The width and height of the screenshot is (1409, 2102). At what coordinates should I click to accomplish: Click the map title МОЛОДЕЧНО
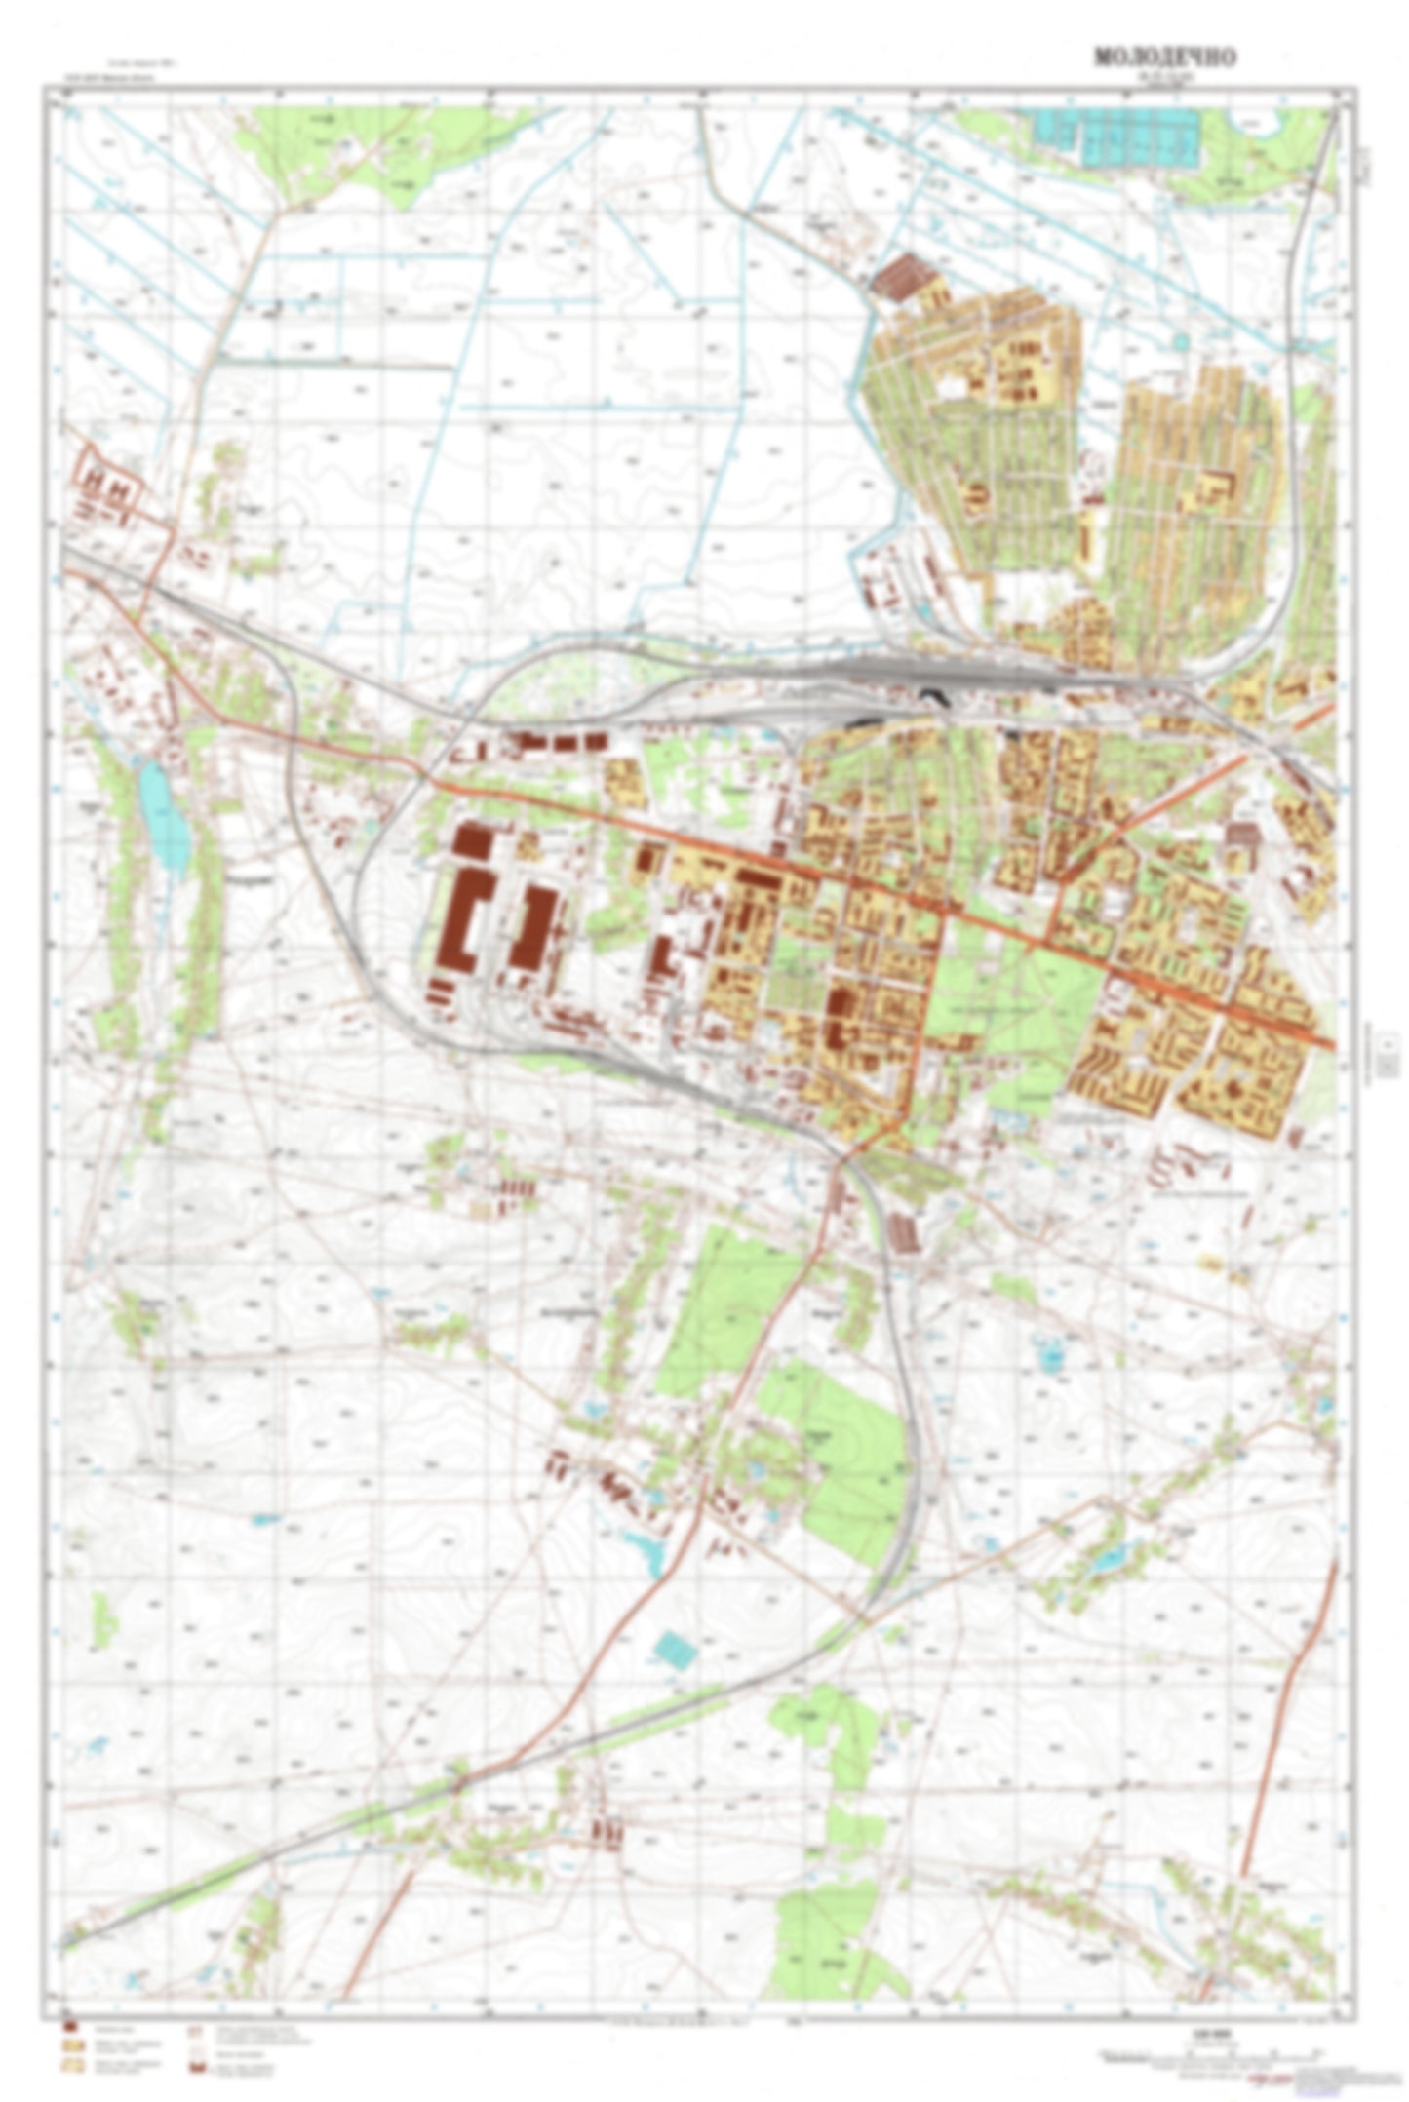pyautogui.click(x=1164, y=58)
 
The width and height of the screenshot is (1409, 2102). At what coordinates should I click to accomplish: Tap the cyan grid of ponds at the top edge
pyautogui.click(x=1117, y=134)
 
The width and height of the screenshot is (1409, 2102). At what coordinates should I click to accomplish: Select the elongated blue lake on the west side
pyautogui.click(x=163, y=817)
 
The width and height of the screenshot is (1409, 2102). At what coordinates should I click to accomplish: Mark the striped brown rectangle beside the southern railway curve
pyautogui.click(x=904, y=1231)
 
